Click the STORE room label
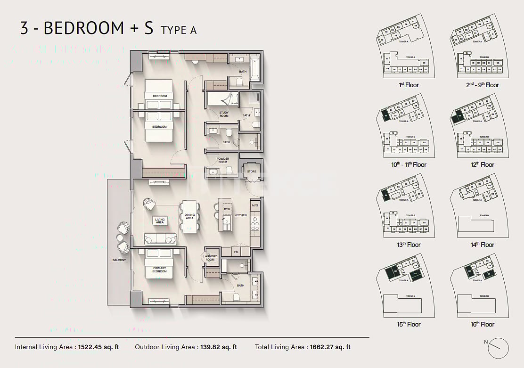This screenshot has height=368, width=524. [252, 172]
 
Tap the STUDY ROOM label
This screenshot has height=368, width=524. [224, 114]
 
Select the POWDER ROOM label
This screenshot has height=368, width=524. [223, 160]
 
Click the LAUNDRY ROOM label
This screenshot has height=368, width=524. [210, 258]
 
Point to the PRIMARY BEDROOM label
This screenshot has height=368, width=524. [159, 270]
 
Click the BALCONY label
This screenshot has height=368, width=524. [119, 260]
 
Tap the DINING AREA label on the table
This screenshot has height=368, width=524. [189, 217]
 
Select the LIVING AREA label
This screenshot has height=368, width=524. [160, 221]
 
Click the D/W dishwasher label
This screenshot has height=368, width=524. [227, 209]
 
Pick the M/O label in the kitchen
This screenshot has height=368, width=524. [255, 205]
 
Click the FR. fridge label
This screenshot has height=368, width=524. [237, 253]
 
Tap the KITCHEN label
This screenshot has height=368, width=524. [240, 215]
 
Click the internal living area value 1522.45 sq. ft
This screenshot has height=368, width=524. [99, 347]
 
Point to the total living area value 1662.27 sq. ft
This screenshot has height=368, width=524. [330, 347]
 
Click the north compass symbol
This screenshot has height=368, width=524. [498, 349]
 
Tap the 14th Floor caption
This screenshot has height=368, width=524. [482, 245]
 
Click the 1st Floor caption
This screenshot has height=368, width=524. [408, 85]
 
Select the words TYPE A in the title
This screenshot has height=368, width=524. [179, 30]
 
